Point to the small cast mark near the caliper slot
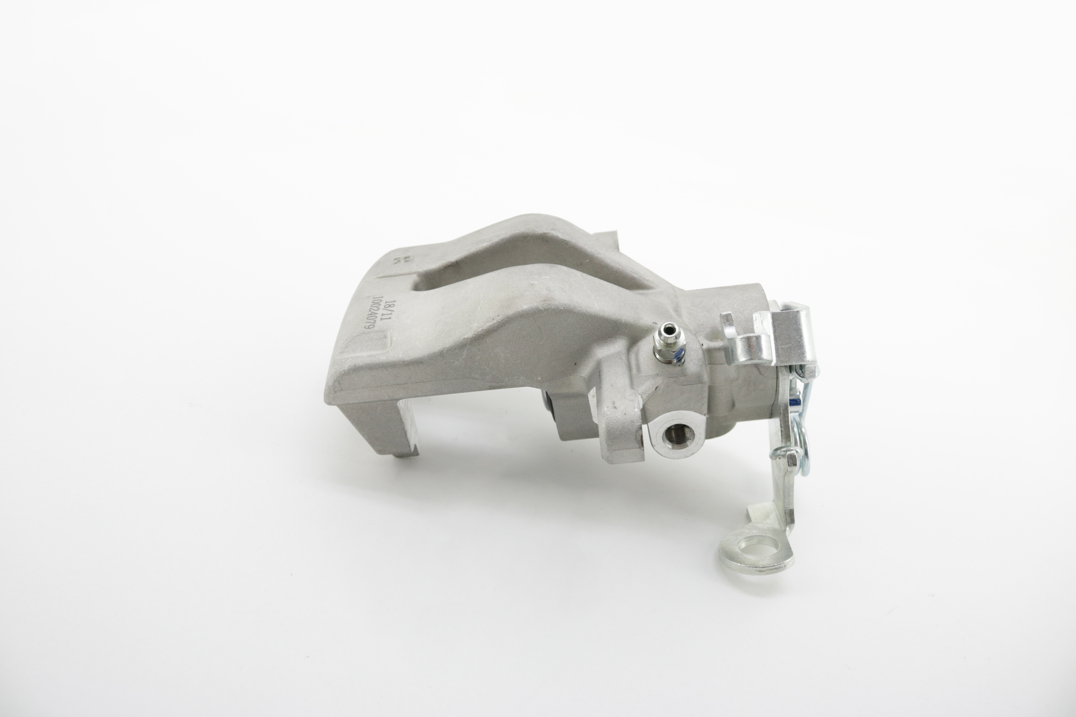[397, 261]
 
